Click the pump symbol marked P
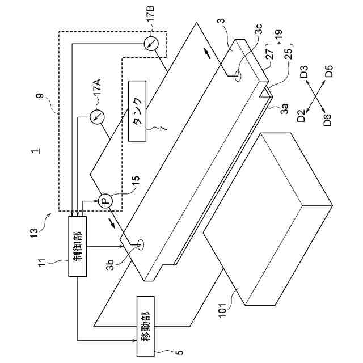point(104,200)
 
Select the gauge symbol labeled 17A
point(97,116)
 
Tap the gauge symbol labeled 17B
point(150,44)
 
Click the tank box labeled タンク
point(137,110)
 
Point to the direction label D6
point(328,119)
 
